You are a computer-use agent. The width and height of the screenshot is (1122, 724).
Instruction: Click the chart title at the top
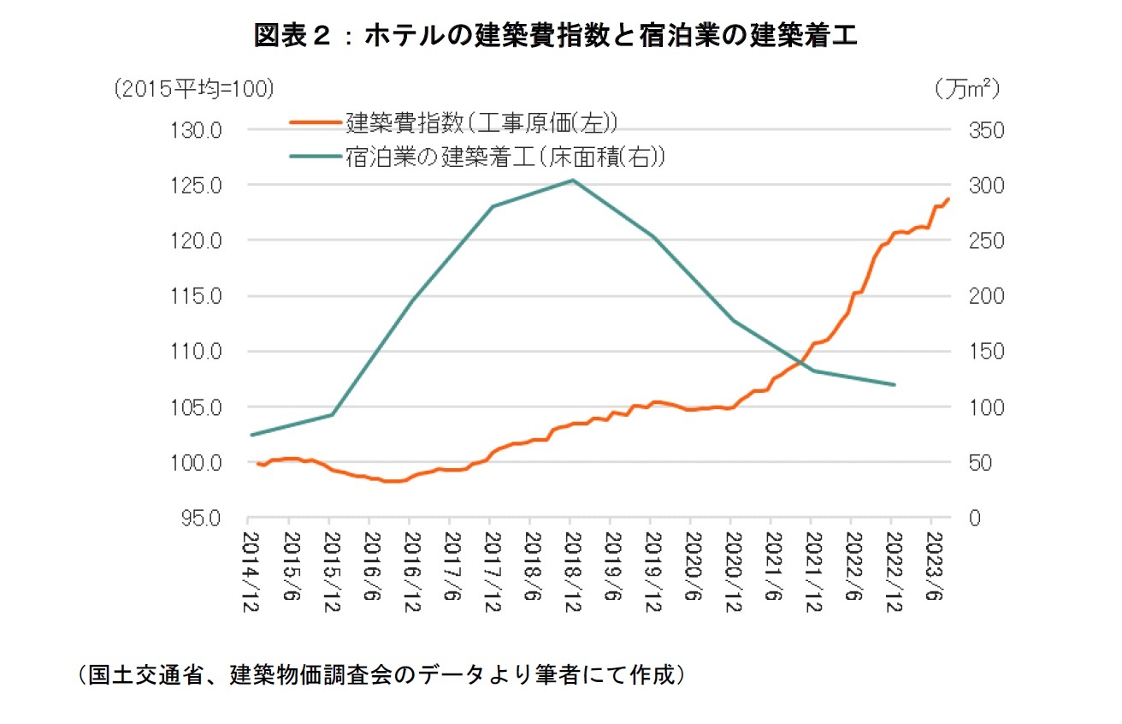click(556, 35)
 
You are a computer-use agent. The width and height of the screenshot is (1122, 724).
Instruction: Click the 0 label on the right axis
click(972, 519)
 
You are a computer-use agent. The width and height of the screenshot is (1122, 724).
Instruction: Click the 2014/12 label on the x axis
click(249, 570)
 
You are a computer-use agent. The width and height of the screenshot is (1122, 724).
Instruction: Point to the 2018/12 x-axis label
click(570, 570)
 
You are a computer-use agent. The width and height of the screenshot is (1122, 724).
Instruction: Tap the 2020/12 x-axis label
click(731, 570)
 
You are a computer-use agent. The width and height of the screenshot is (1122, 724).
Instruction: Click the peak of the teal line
click(570, 180)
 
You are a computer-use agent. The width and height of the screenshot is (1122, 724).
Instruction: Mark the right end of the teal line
click(894, 385)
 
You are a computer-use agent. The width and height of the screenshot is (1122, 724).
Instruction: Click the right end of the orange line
click(948, 199)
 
